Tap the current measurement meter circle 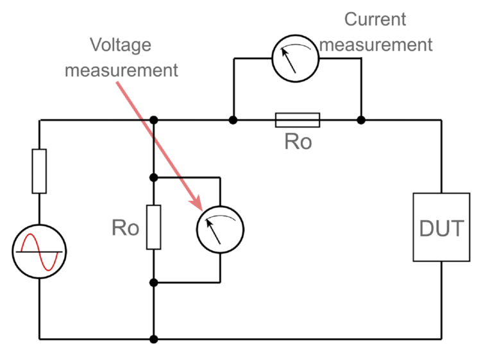(x=296, y=58)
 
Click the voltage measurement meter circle (x=220, y=229)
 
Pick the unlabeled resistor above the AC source (x=39, y=171)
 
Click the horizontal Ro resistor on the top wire (x=297, y=119)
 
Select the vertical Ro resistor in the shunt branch (x=153, y=227)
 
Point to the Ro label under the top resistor (x=298, y=142)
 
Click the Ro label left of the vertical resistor (x=125, y=228)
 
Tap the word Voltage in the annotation (x=121, y=46)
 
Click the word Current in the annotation (x=375, y=19)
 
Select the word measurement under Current (x=376, y=44)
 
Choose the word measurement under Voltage (x=121, y=69)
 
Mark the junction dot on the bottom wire (x=153, y=338)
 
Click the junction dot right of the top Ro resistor (x=361, y=120)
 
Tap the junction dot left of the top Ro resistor (x=233, y=120)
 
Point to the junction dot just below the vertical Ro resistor (x=153, y=282)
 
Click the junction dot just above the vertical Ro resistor (x=153, y=177)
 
